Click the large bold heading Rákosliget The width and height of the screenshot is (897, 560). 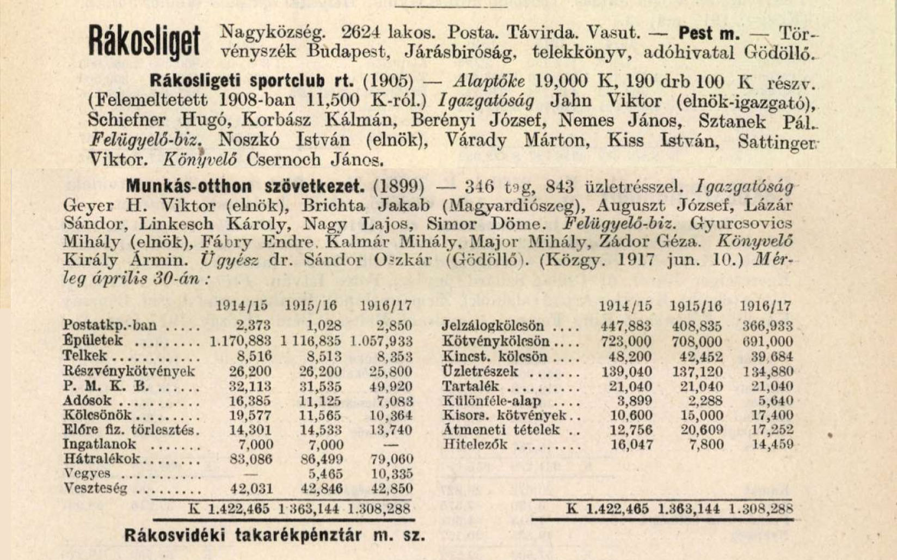[144, 42]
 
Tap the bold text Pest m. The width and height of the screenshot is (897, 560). [709, 33]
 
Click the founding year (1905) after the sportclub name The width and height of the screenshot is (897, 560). [388, 81]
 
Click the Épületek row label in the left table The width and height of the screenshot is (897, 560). [93, 341]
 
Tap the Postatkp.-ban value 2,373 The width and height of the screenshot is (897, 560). [253, 326]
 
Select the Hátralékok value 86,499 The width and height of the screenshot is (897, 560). [322, 459]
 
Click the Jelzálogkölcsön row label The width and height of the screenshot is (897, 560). [493, 326]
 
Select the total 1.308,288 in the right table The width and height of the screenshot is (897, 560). [760, 510]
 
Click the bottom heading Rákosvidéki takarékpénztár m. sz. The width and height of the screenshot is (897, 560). [275, 535]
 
